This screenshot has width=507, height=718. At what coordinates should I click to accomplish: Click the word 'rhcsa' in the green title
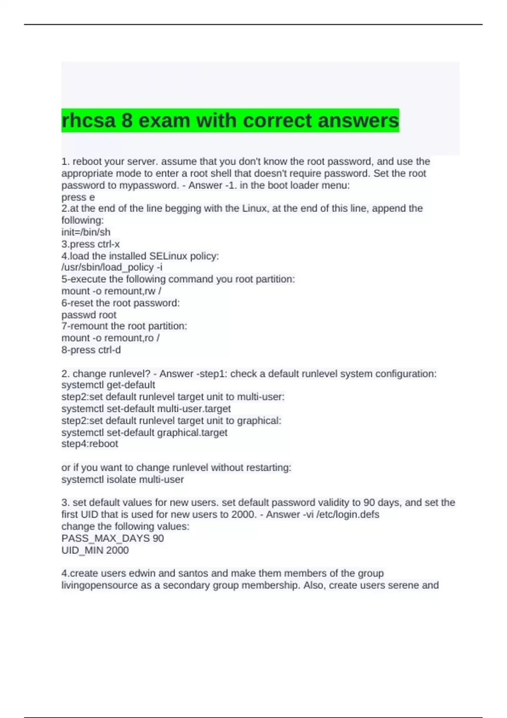88,121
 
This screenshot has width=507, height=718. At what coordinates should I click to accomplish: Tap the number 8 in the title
127,121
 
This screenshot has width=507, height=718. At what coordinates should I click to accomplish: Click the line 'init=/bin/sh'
86,232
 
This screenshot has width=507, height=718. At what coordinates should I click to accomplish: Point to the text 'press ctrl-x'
90,244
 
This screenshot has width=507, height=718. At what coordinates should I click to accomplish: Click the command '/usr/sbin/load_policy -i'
112,267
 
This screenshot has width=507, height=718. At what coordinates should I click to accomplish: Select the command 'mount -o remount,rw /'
111,291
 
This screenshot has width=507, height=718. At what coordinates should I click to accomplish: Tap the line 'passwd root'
89,315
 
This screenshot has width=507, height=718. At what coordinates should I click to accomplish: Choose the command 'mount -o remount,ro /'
110,338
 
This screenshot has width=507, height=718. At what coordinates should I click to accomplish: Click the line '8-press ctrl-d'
91,350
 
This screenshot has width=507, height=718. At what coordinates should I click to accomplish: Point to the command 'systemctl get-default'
108,385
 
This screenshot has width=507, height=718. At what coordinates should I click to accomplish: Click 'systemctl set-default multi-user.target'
146,408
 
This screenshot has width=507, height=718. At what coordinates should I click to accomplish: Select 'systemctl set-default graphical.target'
144,432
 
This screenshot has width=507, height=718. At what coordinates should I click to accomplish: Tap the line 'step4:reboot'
90,444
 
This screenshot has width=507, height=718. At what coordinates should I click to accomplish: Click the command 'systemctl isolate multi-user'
123,479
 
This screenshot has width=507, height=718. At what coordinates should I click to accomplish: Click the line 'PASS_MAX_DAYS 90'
112,538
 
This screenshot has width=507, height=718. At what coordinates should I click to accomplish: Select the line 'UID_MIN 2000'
95,550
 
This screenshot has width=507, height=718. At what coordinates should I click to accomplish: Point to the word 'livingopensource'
100,585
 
